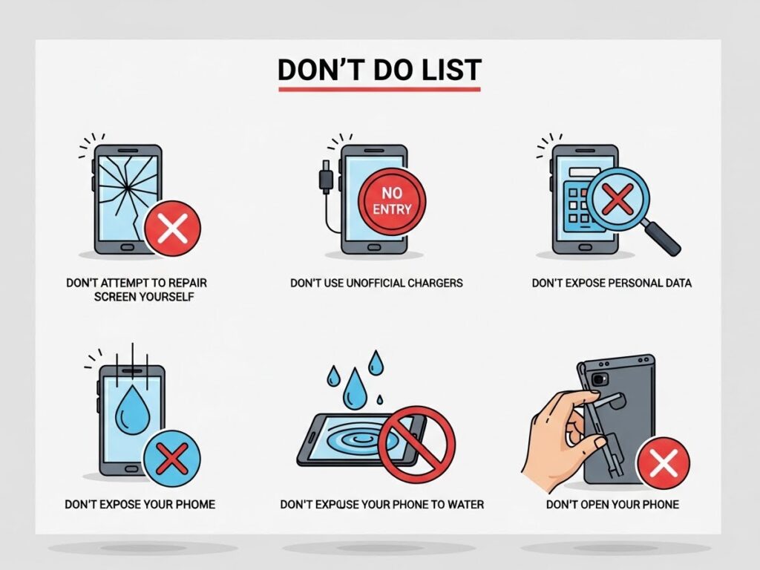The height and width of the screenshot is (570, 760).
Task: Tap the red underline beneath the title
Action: click(379, 89)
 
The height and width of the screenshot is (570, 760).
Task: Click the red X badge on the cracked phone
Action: click(172, 229)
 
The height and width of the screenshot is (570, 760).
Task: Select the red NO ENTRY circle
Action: click(392, 201)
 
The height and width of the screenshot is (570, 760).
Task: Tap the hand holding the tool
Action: click(563, 436)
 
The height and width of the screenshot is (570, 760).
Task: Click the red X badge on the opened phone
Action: click(663, 463)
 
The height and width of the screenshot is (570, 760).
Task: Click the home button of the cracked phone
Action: click(128, 247)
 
